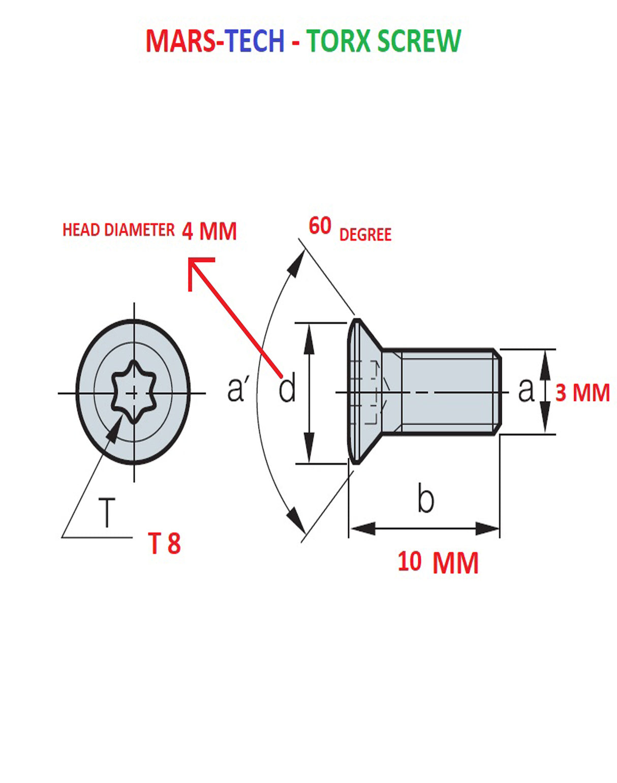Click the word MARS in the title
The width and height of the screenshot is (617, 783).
(x=178, y=41)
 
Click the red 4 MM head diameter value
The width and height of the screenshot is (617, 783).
(x=209, y=231)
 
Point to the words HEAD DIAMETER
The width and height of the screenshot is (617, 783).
(x=118, y=230)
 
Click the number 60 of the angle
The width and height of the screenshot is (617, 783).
(x=320, y=226)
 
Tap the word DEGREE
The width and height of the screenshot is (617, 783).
(x=365, y=235)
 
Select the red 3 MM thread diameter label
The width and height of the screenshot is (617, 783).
(x=582, y=393)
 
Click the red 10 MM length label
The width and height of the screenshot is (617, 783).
(x=438, y=562)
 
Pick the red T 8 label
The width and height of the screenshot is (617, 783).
(x=164, y=543)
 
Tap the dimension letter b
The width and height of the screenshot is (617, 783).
(x=425, y=498)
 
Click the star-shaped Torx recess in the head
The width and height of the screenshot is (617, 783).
(x=133, y=392)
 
